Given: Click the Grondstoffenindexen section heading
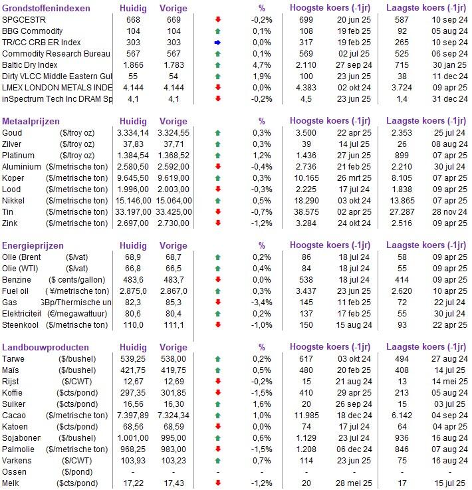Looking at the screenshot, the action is click(x=46, y=8).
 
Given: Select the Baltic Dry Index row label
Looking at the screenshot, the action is click(x=30, y=65).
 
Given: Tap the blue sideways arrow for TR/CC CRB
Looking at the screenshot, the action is click(x=218, y=43).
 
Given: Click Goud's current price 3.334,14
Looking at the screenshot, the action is click(x=133, y=133).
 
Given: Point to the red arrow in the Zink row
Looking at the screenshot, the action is click(x=218, y=223).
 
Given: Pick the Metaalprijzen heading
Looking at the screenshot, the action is click(x=31, y=121).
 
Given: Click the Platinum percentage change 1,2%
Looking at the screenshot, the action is click(x=262, y=156).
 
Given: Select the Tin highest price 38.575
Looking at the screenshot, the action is click(x=306, y=212).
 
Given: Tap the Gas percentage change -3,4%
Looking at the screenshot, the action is click(x=262, y=303).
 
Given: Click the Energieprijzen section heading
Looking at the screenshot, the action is click(x=33, y=245).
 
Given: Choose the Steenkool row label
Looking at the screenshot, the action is click(x=21, y=325).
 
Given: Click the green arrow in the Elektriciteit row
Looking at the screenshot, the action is click(x=218, y=314).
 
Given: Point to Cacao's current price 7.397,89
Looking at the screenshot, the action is click(x=133, y=416).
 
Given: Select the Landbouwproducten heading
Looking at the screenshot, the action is click(x=45, y=347).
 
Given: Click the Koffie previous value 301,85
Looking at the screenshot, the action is click(x=174, y=393).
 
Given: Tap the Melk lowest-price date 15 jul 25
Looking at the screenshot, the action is click(x=450, y=483).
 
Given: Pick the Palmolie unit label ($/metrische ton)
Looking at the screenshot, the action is click(x=77, y=449).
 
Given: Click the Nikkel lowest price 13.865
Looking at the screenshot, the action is click(x=402, y=201).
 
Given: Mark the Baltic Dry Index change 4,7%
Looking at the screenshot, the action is click(x=262, y=65).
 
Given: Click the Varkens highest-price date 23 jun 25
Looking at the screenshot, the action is click(x=354, y=461).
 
